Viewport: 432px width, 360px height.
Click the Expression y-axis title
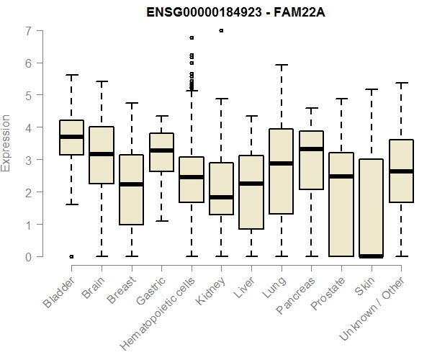coord(7,143)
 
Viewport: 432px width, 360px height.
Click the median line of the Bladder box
coord(71,136)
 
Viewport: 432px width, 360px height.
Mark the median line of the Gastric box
coord(161,150)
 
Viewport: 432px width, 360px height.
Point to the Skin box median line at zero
coord(372,256)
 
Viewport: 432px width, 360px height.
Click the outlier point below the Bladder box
coord(71,256)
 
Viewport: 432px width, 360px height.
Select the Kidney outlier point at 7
coord(221,31)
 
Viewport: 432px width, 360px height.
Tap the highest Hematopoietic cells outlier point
coord(192,37)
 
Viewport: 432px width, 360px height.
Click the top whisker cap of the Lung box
coord(282,65)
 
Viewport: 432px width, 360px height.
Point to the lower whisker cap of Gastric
coord(161,220)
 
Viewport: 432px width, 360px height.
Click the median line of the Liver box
coord(251,184)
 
